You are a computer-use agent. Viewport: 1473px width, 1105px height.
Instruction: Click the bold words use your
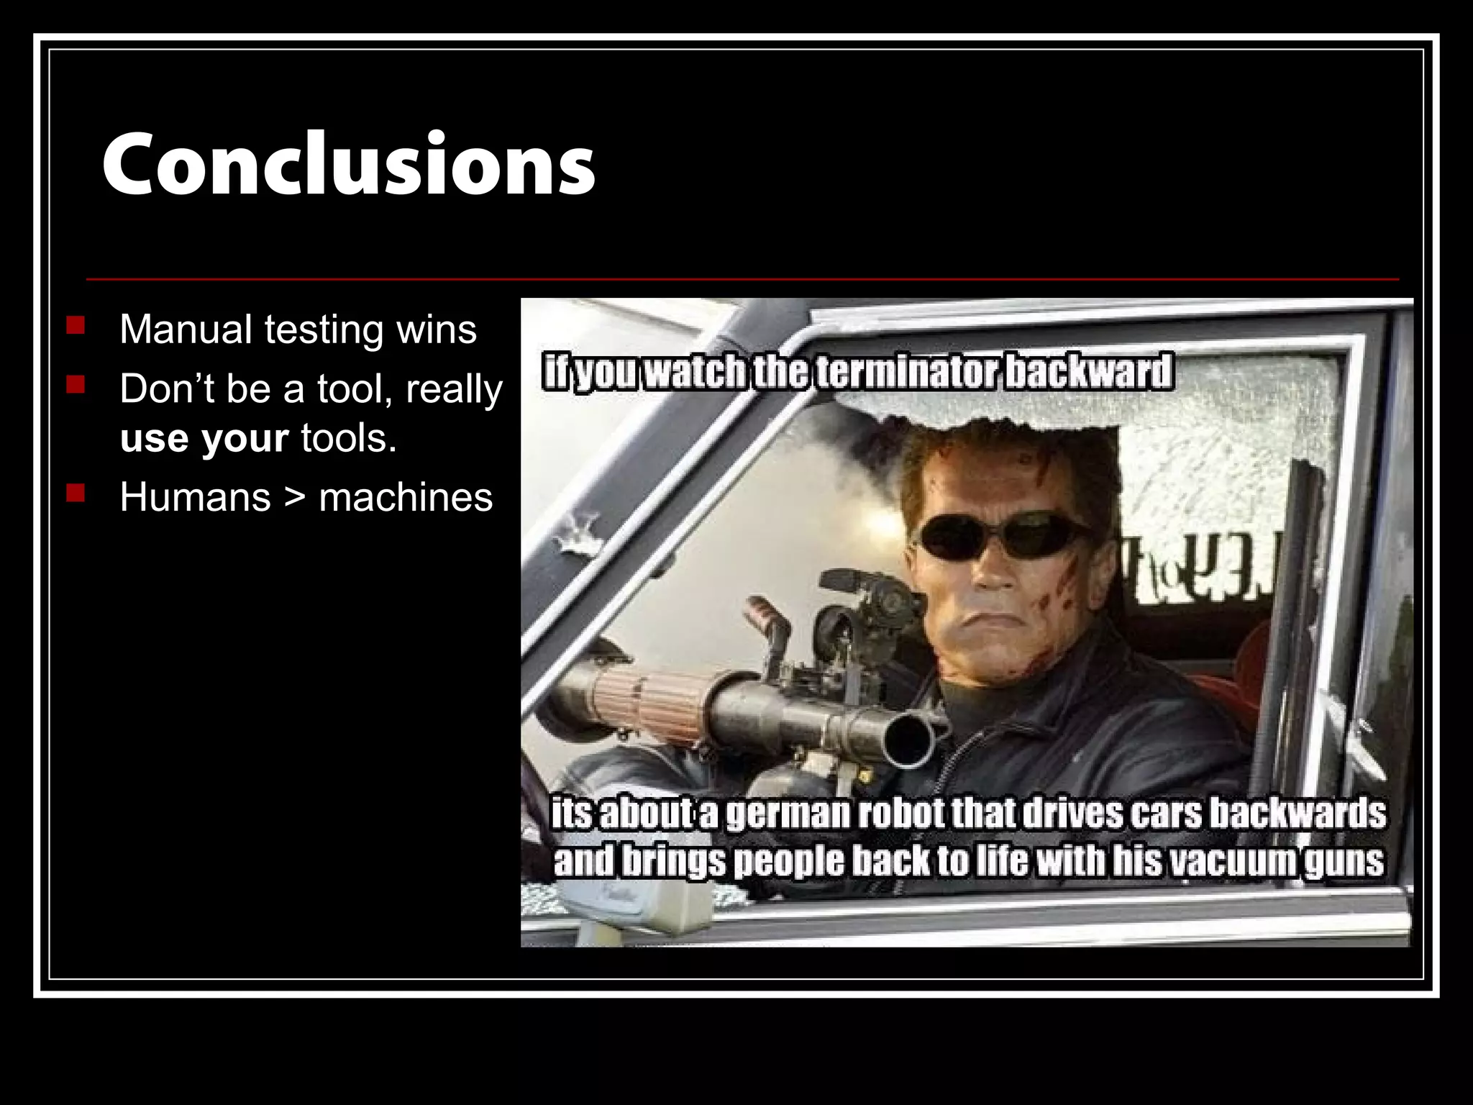[x=204, y=438]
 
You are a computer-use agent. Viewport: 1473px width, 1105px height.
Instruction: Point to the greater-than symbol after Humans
[x=294, y=497]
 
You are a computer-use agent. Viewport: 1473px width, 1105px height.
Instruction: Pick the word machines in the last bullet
[x=406, y=497]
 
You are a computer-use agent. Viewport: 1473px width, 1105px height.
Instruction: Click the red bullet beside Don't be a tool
[x=75, y=386]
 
